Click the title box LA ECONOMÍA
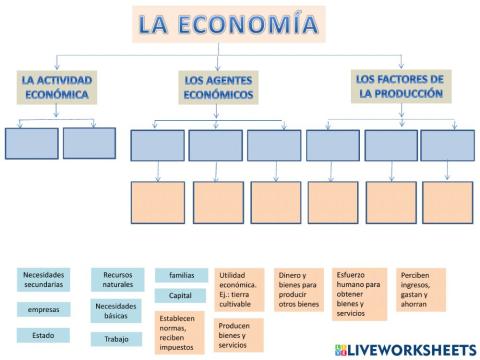click(x=227, y=23)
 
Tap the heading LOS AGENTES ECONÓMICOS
click(x=216, y=87)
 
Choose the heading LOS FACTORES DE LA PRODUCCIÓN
click(x=399, y=86)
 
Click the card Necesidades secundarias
click(x=43, y=279)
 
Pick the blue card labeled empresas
click(x=43, y=309)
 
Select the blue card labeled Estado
click(x=43, y=335)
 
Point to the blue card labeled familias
click(x=181, y=274)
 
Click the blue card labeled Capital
click(x=181, y=296)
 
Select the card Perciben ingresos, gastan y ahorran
click(x=419, y=289)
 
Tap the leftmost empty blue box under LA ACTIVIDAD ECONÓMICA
click(x=31, y=143)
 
